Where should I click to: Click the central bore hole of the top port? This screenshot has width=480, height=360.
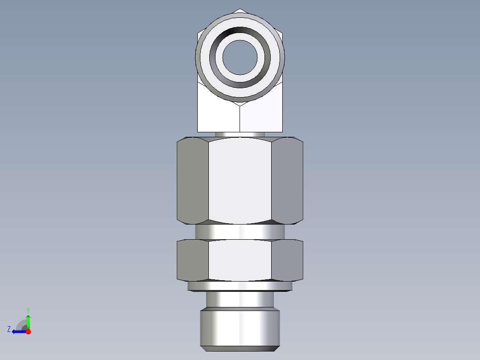coord(240,57)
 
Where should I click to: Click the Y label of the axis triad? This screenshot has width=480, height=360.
coord(28,309)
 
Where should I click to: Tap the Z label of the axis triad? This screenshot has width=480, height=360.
coord(9,329)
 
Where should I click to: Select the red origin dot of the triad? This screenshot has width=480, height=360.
coord(28,331)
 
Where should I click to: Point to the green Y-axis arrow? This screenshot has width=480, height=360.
coord(28,321)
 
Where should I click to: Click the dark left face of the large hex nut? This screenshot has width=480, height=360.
coord(193,180)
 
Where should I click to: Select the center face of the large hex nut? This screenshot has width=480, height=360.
coord(240,180)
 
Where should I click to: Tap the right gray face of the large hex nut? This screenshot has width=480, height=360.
coord(287,180)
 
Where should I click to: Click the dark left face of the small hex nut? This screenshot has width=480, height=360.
coord(193,260)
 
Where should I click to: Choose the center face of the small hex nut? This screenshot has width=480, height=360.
coord(240,260)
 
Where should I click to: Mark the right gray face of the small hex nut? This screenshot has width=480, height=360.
coord(287,260)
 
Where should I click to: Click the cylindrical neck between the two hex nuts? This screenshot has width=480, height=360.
coord(240,232)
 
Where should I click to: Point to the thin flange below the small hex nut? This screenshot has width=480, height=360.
coord(240,286)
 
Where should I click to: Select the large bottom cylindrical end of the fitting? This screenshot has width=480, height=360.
coord(240,327)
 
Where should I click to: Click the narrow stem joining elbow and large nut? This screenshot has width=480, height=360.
coord(240,134)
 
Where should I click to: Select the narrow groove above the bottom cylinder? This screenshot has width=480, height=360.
coord(240,299)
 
